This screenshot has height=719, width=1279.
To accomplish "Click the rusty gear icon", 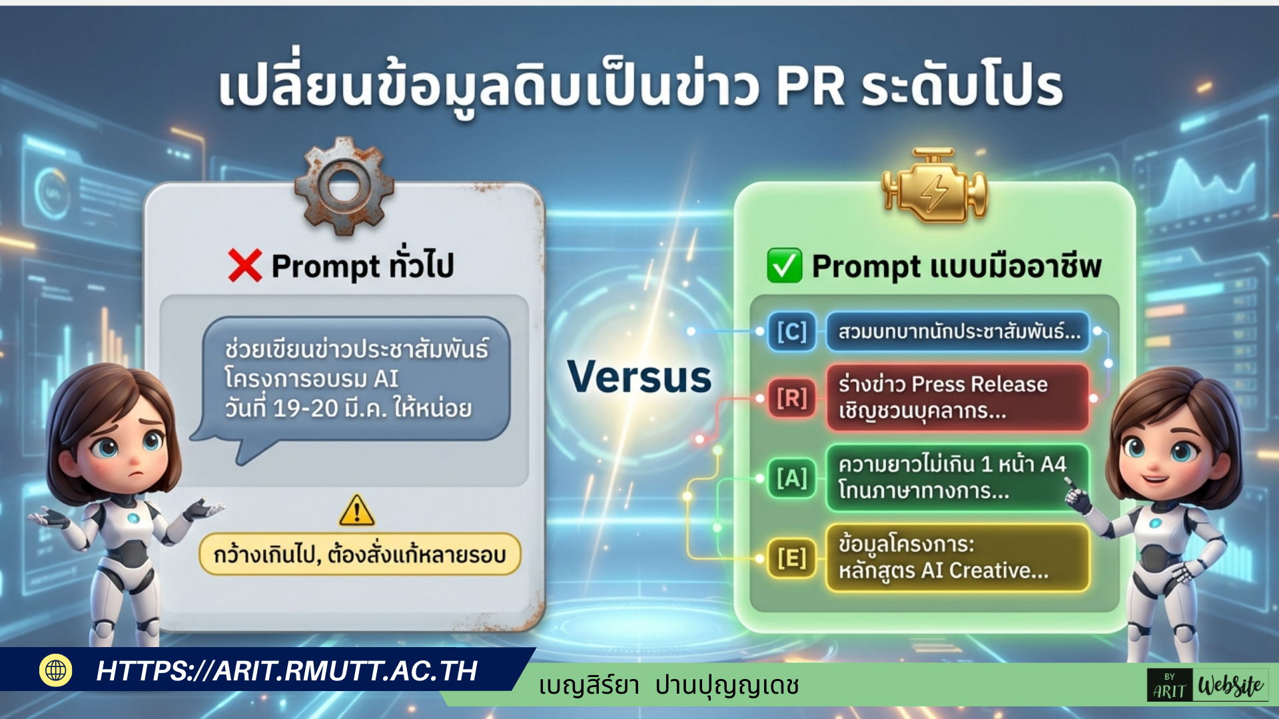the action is pos(344,186).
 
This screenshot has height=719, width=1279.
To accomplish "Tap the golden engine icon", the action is pos(935,186).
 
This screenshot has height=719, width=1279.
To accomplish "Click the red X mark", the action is pos(244,266).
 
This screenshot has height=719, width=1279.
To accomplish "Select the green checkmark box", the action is pos(784,266).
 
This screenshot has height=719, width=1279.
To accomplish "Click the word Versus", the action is pos(639,377).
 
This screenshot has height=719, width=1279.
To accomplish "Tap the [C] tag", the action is pos(791,332).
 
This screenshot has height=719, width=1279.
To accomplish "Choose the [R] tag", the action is pos(791,398).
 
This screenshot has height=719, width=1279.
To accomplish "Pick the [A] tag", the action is pos(791,478).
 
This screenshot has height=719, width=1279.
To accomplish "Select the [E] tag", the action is pos(791,558).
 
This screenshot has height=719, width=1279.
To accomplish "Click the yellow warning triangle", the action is pos(357,511).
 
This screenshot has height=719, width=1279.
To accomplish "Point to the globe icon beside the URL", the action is pos(56,670).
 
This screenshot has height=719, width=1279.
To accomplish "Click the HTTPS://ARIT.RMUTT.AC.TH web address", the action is pos(287,671).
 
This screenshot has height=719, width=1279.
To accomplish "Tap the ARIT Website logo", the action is pos(1207,686).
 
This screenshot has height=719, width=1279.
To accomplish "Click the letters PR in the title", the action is pos(811,87).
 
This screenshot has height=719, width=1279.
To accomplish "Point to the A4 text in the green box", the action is pos(1053,464).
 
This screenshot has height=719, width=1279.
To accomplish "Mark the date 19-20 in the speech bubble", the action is pos(306,408).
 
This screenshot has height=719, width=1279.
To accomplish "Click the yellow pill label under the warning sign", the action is pos(360,554).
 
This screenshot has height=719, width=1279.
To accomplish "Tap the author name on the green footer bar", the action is pos(669,686).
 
